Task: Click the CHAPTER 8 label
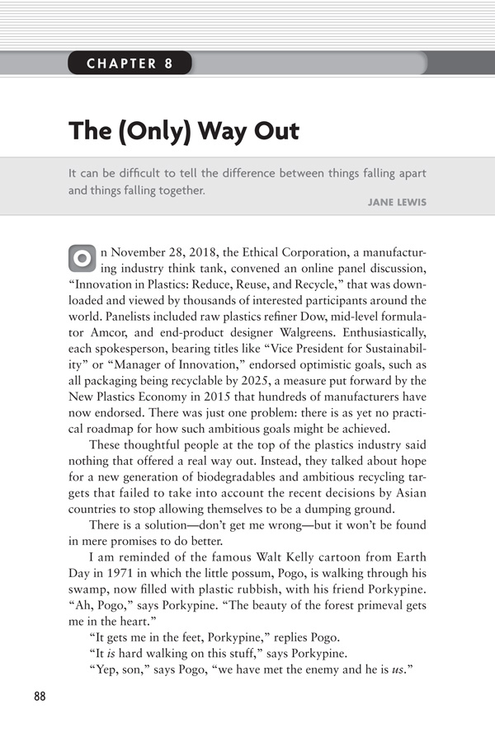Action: click(x=130, y=63)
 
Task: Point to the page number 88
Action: click(x=40, y=696)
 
